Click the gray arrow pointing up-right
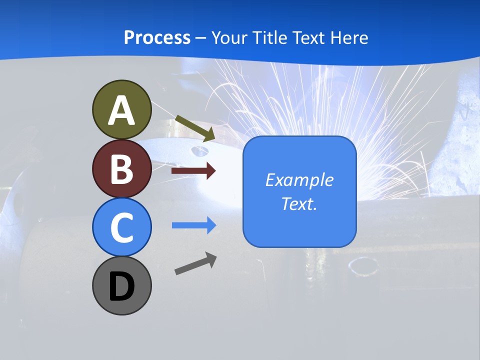(x=195, y=263)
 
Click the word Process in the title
(x=157, y=38)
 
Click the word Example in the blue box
(x=299, y=180)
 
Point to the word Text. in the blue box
(x=299, y=203)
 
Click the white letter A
(x=121, y=110)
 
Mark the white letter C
(x=121, y=228)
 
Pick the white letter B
(x=121, y=169)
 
